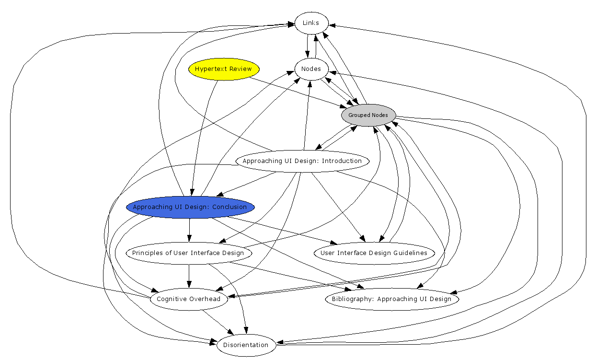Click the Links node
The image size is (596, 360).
pos(311,23)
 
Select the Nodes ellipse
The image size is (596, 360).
pos(311,69)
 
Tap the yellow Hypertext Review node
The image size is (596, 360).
pos(224,69)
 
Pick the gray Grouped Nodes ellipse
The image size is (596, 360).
pos(368,115)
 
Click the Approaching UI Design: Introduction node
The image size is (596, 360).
pos(302,161)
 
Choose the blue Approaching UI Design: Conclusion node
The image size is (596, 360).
pos(190,207)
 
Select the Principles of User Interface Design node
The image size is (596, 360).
pos(188,253)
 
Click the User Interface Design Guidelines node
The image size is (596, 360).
pos(374,253)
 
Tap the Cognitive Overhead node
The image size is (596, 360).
pos(189,299)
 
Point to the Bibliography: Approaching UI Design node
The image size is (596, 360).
pos(392,299)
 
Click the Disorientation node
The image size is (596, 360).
pos(246,345)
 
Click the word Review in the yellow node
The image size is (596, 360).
pos(241,69)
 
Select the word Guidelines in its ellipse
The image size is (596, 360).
pos(409,253)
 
